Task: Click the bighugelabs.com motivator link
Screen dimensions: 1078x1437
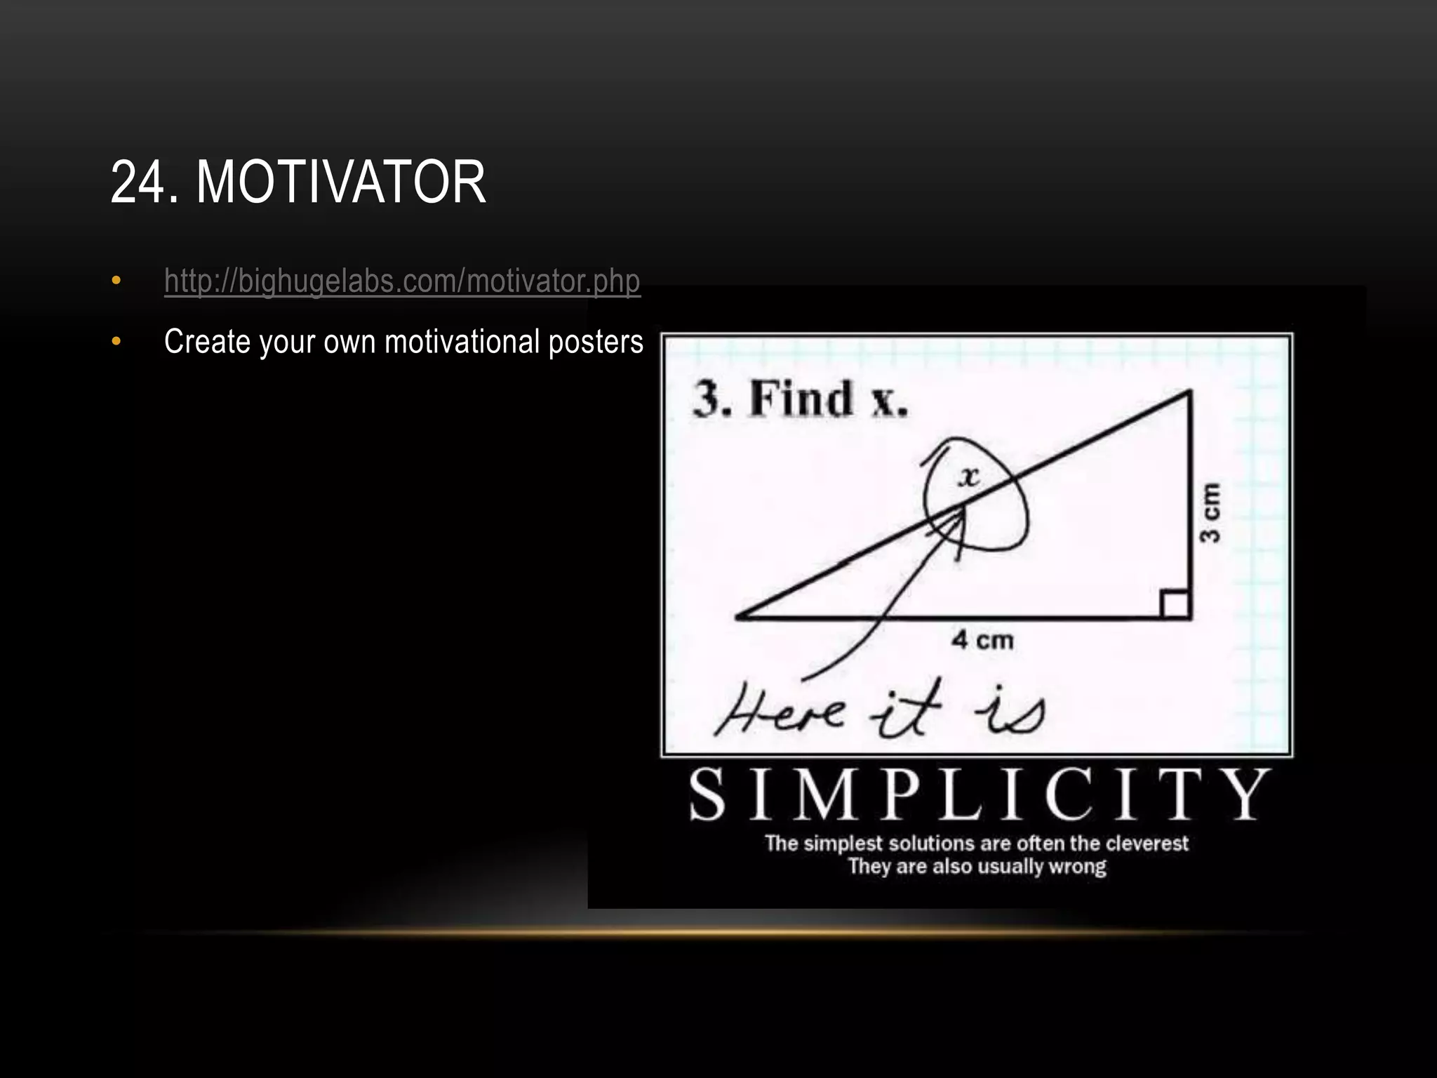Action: click(x=401, y=281)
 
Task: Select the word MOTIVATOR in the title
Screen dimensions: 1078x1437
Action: click(x=340, y=182)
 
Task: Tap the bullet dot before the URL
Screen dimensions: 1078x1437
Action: click(x=116, y=281)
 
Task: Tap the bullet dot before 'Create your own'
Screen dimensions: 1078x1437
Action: click(x=116, y=342)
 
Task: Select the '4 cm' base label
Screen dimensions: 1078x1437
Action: click(x=982, y=640)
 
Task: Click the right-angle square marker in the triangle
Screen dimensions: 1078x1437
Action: click(x=1175, y=604)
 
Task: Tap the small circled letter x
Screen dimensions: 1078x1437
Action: click(x=969, y=477)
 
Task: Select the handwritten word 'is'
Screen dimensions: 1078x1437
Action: click(x=1010, y=712)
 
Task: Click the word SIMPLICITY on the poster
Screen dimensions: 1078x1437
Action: click(x=979, y=795)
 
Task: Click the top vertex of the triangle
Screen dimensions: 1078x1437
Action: click(x=1189, y=393)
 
